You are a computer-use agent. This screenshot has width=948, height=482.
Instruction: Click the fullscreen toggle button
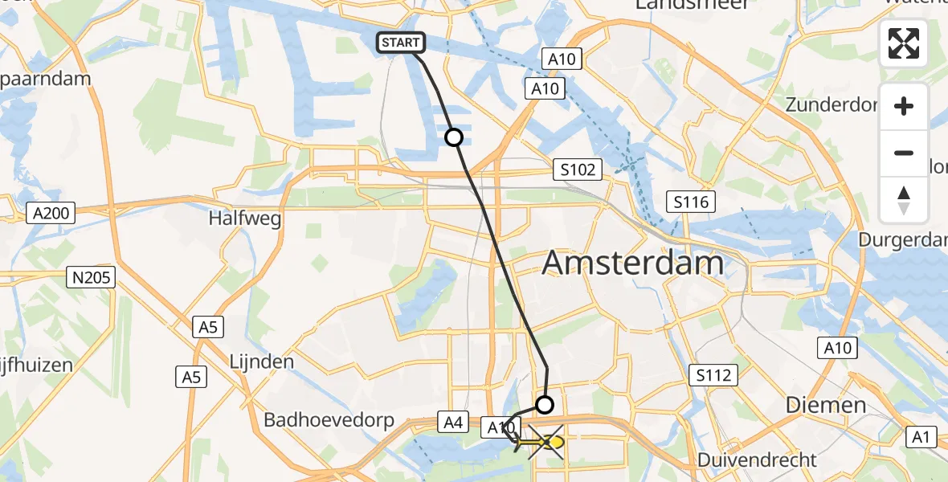pos(904,43)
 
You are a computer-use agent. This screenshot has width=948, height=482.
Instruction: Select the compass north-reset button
pos(904,200)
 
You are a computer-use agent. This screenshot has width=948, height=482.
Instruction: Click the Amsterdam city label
pos(633,263)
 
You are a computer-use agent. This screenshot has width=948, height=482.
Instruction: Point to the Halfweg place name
pos(246,218)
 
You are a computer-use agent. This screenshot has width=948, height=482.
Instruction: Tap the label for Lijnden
pos(262,361)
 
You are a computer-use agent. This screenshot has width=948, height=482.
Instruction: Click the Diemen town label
pos(825,405)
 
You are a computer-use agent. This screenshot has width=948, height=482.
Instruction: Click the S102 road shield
pos(578,170)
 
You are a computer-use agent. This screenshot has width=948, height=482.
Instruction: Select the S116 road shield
pos(691,202)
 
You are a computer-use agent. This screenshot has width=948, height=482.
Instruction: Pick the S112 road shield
pos(713,374)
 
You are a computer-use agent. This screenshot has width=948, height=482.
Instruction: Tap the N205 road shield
pos(91,278)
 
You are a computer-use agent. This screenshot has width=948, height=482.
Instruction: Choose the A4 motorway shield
pos(451,421)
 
